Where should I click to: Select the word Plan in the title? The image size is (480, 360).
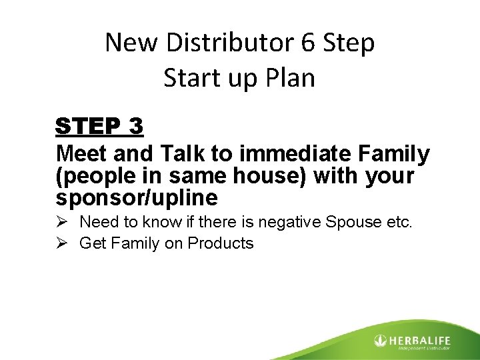(x=287, y=78)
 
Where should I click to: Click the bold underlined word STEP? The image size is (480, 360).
(x=91, y=126)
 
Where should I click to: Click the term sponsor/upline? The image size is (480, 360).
(x=137, y=197)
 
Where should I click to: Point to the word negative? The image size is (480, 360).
(x=277, y=222)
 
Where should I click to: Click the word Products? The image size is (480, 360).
(x=221, y=243)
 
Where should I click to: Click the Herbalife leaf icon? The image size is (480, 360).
(x=380, y=341)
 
